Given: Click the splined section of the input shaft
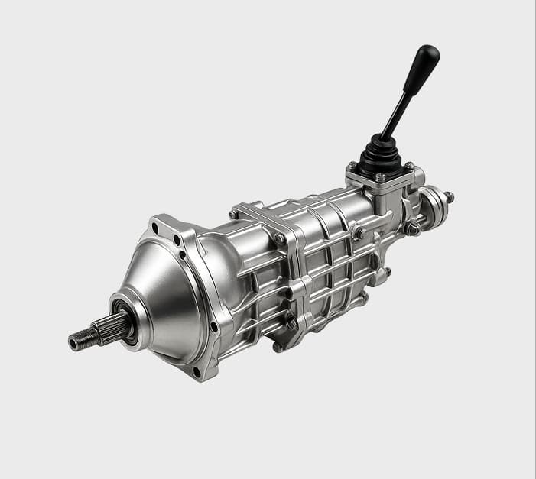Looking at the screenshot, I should [102, 330].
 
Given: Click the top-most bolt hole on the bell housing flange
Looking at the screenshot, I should [156, 227].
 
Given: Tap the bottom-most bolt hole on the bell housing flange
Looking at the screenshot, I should [197, 371].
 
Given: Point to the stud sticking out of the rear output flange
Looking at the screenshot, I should [449, 197].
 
